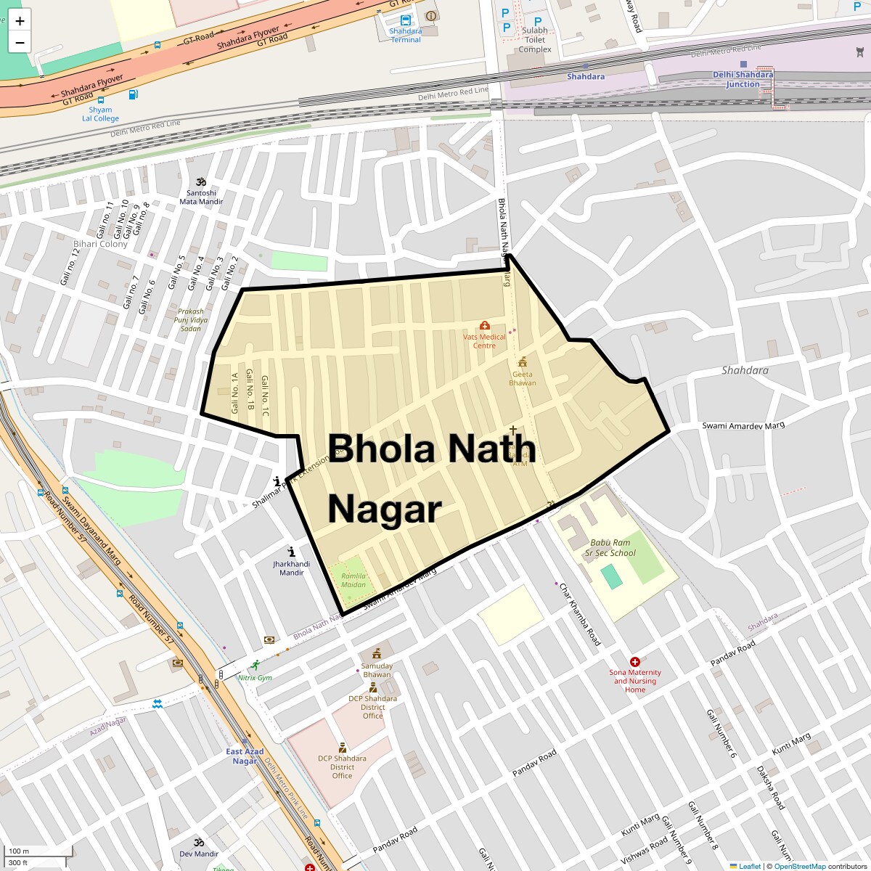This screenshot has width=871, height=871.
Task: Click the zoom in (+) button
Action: [20, 21]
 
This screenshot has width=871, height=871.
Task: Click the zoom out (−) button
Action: [20, 42]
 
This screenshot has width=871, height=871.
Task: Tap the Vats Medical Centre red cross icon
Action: [485, 325]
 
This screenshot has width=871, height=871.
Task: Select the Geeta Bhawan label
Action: [523, 379]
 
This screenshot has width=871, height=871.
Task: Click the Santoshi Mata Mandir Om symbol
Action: [201, 181]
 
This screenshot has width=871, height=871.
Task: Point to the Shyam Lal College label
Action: [100, 115]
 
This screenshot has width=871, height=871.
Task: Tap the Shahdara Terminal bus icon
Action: [405, 20]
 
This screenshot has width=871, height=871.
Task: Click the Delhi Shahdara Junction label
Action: [743, 79]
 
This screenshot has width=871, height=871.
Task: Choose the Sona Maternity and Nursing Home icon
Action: [635, 662]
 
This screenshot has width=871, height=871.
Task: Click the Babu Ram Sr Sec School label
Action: [610, 547]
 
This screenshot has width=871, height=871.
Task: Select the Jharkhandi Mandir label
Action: [291, 568]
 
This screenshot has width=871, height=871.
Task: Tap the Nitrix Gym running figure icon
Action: [255, 665]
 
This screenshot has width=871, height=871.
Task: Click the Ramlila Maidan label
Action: [353, 580]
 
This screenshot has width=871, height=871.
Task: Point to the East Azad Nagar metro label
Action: [245, 756]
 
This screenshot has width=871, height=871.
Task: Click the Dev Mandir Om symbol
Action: [198, 843]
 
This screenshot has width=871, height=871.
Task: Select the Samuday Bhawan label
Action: [377, 670]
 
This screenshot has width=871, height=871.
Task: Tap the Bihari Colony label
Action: [100, 244]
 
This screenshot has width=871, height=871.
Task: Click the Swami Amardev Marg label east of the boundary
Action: [743, 425]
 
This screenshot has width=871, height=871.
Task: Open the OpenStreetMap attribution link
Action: [799, 866]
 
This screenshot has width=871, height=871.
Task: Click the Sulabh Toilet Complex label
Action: [534, 40]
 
